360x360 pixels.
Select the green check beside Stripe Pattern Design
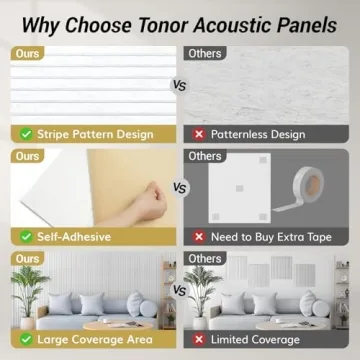click(23, 133)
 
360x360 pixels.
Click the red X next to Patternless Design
click(198, 133)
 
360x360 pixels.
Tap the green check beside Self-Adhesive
click(23, 236)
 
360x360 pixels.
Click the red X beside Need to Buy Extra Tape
click(198, 236)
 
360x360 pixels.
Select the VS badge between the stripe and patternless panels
click(179, 86)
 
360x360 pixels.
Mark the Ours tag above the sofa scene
click(28, 258)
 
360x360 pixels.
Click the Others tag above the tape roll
click(204, 156)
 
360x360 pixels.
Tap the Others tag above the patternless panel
click(204, 52)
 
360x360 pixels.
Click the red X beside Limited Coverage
click(198, 340)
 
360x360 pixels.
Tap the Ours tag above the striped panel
click(28, 52)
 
